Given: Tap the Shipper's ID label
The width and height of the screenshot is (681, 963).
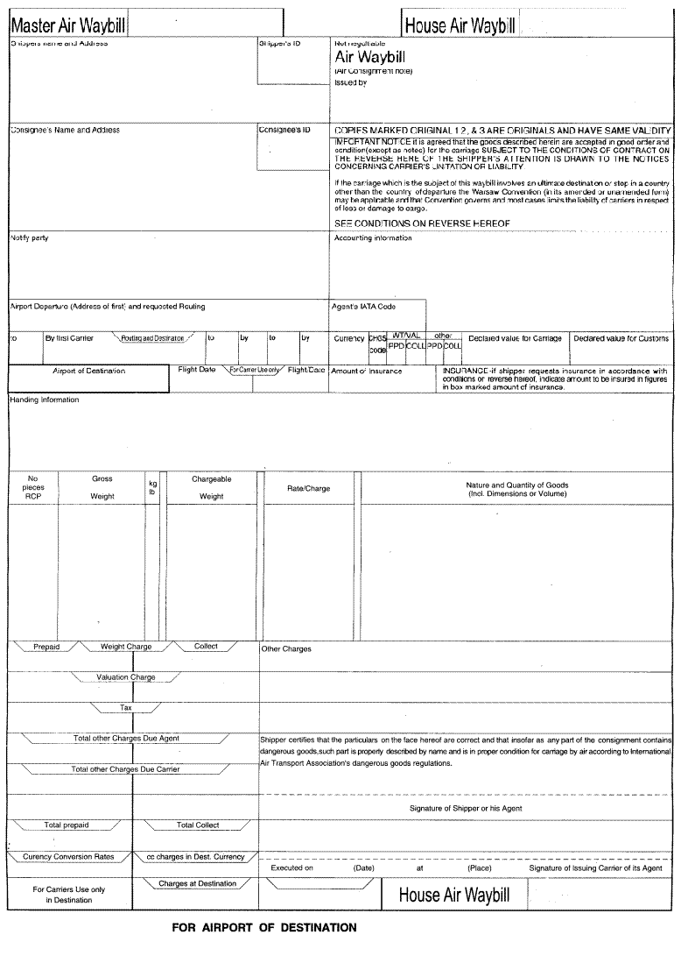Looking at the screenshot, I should click(279, 42).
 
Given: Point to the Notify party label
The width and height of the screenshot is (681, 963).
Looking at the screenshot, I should click(29, 238).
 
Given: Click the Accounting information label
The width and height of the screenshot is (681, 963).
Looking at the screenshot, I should click(373, 238).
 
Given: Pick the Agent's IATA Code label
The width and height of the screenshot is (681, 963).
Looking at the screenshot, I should click(363, 307).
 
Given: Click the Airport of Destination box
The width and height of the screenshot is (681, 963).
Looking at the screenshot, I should click(88, 371).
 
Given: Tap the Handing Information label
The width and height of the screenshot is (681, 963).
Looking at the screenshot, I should click(45, 400).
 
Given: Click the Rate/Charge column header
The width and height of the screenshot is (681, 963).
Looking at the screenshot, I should click(308, 488).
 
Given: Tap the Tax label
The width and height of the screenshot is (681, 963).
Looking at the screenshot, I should click(125, 707).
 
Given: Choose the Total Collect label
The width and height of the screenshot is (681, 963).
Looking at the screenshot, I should click(198, 825).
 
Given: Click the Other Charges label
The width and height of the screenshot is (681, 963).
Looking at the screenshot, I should click(286, 649).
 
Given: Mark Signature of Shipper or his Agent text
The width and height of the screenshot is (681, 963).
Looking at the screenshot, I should click(466, 808).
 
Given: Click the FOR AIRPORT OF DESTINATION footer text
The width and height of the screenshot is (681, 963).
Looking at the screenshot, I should click(264, 927).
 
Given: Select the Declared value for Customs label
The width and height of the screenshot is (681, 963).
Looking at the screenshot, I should click(621, 338).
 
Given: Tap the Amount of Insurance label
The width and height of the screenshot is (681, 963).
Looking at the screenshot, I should click(367, 371).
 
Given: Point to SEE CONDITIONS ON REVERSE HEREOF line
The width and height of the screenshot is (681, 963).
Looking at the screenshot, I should click(422, 223).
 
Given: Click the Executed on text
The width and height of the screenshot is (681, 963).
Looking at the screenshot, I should click(291, 868).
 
